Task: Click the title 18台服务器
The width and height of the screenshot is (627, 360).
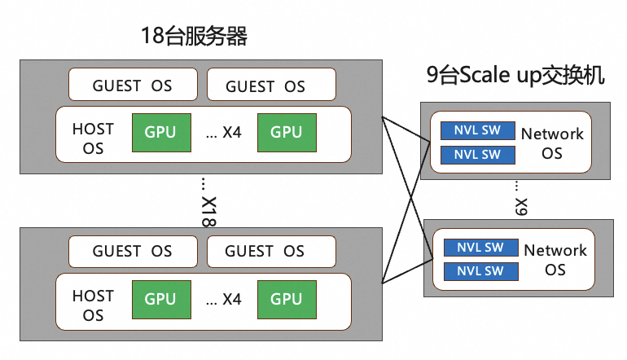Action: pyautogui.click(x=193, y=36)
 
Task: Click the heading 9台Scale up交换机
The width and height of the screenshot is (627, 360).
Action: pyautogui.click(x=516, y=76)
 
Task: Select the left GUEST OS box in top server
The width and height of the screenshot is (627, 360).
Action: pyautogui.click(x=133, y=85)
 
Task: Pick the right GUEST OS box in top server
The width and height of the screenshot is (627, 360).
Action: pyautogui.click(x=271, y=85)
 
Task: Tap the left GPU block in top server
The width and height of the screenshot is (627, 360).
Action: pyautogui.click(x=160, y=133)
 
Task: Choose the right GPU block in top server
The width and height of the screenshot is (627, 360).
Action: pyautogui.click(x=287, y=133)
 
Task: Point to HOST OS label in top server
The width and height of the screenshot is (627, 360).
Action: pyautogui.click(x=93, y=138)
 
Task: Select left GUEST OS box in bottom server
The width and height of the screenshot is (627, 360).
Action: pyautogui.click(x=133, y=251)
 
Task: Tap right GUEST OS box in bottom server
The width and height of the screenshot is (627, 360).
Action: pyautogui.click(x=271, y=251)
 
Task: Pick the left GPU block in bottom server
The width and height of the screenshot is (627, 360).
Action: pyautogui.click(x=160, y=299)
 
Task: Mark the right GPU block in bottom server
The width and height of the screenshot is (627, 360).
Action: pyautogui.click(x=287, y=299)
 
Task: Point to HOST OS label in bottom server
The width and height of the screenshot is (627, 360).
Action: pyautogui.click(x=93, y=305)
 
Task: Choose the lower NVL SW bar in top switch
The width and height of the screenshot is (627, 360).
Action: pyautogui.click(x=477, y=154)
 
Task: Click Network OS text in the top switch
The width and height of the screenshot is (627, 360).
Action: pyautogui.click(x=552, y=143)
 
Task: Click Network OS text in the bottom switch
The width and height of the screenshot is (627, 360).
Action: pyautogui.click(x=555, y=259)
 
